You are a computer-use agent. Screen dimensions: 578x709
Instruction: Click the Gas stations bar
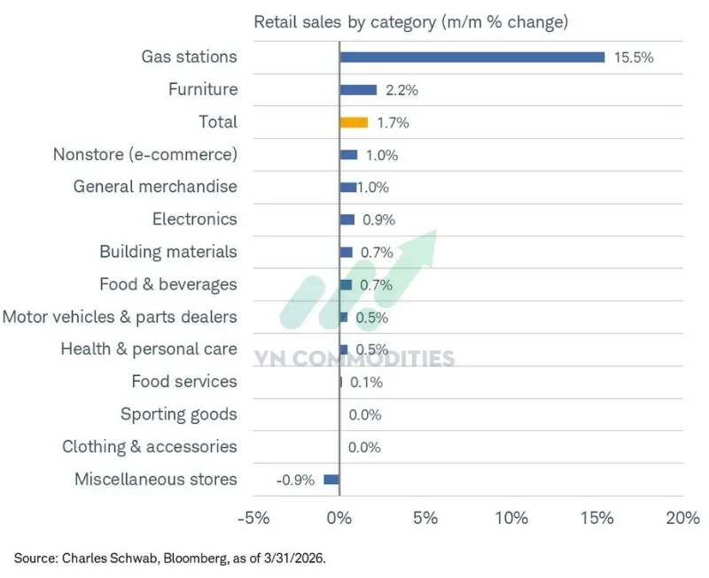click(471, 57)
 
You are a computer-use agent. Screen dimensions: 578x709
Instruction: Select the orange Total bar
click(354, 122)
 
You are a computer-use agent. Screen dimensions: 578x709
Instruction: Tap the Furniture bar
click(358, 89)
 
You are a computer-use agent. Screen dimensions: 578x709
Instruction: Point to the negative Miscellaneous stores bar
click(331, 479)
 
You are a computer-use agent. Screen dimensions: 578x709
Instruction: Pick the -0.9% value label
click(295, 480)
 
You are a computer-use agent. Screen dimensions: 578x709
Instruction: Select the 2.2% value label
click(401, 90)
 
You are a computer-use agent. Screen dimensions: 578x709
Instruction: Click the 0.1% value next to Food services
click(366, 382)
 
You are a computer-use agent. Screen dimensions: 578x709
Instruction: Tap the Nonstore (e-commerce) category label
click(145, 155)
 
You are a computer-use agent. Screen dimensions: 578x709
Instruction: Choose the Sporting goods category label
click(179, 414)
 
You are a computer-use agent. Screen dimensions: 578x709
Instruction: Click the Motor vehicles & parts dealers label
click(120, 317)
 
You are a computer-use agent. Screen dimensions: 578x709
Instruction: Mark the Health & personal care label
click(149, 349)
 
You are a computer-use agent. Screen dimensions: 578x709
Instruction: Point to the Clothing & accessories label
click(150, 447)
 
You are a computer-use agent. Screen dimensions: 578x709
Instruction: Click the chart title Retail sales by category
click(411, 21)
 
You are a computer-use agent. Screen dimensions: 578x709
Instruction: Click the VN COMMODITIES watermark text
click(354, 358)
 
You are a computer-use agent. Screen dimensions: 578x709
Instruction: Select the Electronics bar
click(347, 220)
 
